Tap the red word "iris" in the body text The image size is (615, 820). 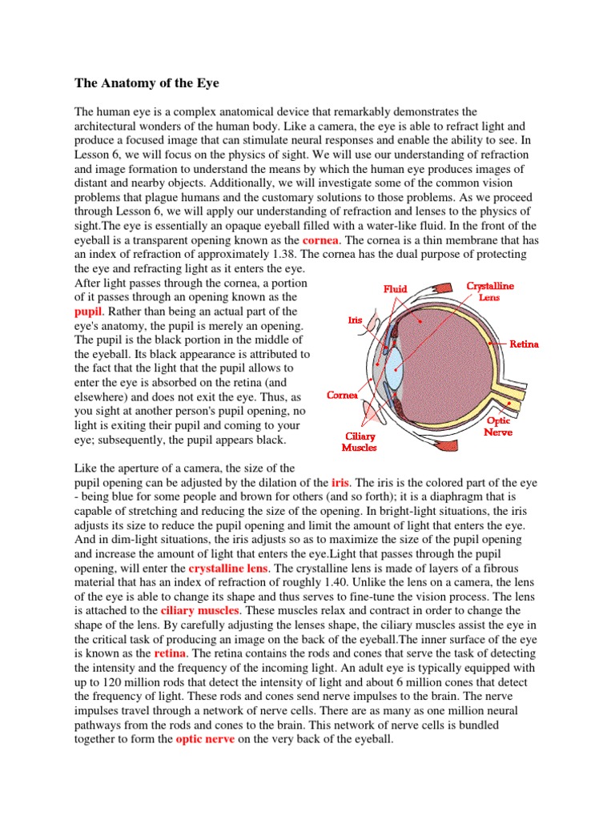tap(340, 484)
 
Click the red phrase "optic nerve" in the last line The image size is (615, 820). tap(205, 739)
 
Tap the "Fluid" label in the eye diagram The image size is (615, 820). tap(395, 289)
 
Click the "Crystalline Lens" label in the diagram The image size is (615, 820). tap(490, 290)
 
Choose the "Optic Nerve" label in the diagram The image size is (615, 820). tap(500, 426)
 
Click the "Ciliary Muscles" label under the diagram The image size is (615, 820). tap(359, 441)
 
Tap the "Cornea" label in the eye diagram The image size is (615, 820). tap(342, 396)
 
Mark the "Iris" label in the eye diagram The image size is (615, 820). tap(355, 320)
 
